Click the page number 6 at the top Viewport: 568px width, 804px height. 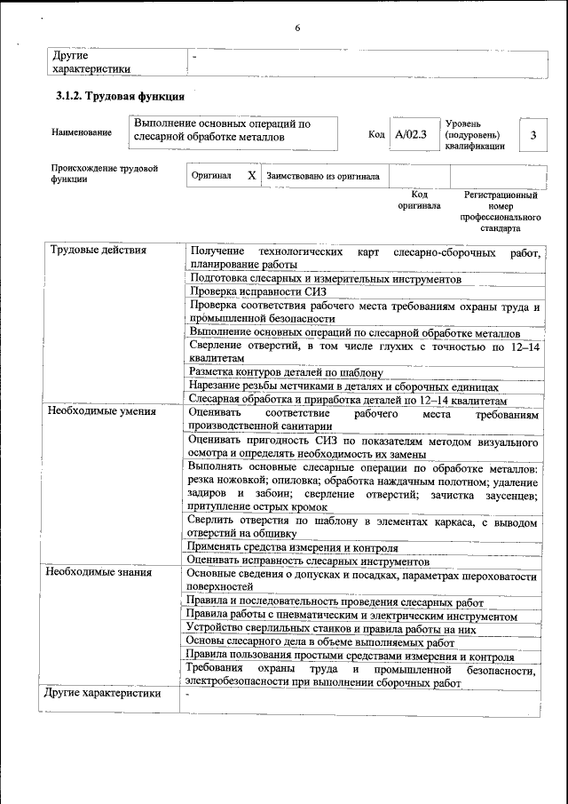coord(297,28)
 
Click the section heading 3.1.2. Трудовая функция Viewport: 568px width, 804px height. coord(119,97)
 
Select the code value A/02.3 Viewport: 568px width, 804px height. coord(411,134)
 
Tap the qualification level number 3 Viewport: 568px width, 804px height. coord(532,134)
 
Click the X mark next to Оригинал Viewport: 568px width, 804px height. coord(251,176)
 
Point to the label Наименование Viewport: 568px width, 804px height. coord(82,133)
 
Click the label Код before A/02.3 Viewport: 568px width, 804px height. coord(375,135)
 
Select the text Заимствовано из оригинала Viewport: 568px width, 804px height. coord(323,177)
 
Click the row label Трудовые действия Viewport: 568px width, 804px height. coord(98,250)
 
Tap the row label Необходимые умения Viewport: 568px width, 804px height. coord(101,411)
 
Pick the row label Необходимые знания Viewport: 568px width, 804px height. coord(99,571)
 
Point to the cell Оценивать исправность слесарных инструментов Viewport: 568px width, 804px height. coord(309,561)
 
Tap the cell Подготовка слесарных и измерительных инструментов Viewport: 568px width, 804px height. coord(325,278)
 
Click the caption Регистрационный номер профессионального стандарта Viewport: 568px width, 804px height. coord(501,211)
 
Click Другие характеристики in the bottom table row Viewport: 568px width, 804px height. coord(102,693)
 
